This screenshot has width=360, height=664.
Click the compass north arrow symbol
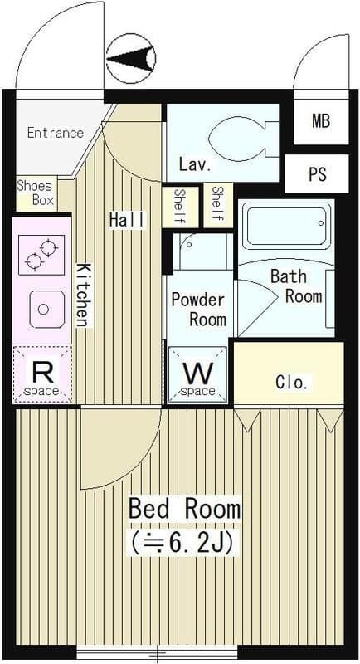pos(131,58)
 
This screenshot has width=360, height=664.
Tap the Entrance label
pos(56,133)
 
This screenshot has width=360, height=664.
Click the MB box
pos(321,122)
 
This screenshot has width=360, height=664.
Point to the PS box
pos(317,174)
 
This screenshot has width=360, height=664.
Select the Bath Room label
pos(296,286)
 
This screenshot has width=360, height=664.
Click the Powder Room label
pos(198,309)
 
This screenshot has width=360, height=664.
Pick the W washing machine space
pos(198,374)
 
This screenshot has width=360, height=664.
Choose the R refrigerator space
pos(41,374)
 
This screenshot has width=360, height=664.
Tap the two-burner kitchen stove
pos(41,255)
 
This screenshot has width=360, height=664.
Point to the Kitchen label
pos(83,295)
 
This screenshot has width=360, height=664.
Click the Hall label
pos(127,220)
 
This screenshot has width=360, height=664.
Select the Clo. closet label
pos(291,383)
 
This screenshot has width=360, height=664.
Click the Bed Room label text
pos(184,509)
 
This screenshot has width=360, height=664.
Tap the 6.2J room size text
pos(182,543)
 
